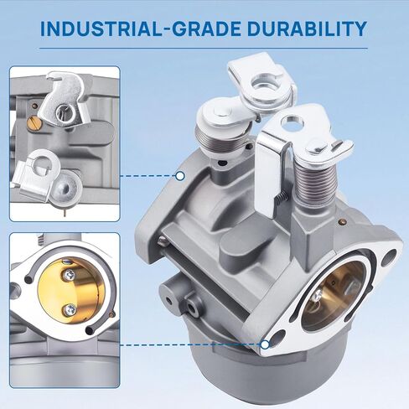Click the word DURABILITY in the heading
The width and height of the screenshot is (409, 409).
(x=307, y=28)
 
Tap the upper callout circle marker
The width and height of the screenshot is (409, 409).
(x=180, y=176)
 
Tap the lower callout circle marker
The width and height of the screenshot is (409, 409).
(x=265, y=344)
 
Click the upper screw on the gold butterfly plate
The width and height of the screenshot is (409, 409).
(x=69, y=276)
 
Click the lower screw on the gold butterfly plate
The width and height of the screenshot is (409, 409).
(x=70, y=309)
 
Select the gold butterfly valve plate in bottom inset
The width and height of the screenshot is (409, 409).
(x=71, y=291)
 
